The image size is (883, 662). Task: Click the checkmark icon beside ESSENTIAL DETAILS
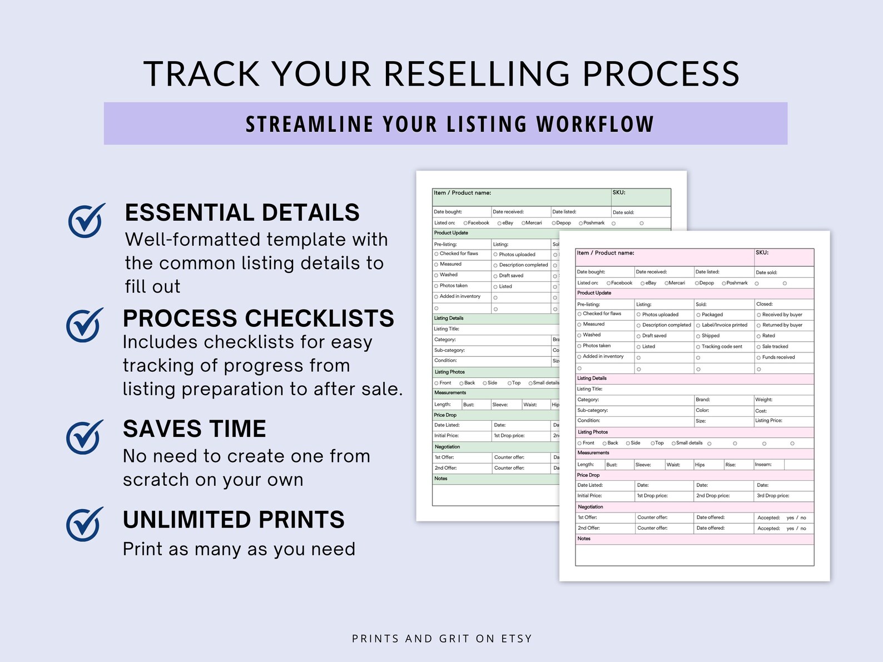point(86,221)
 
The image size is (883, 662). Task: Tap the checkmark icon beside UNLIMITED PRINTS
point(85,524)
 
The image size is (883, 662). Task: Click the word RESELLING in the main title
point(477,74)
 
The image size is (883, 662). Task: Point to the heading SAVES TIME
point(195,429)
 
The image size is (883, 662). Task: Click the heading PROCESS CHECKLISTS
point(258,318)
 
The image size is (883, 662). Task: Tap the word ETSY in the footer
point(517,639)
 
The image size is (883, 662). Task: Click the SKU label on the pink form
point(762,253)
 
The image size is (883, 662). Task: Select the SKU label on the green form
point(619,193)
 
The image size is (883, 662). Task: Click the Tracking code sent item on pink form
point(721,347)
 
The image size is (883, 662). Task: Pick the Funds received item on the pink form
point(778,357)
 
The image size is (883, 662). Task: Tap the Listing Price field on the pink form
point(768,421)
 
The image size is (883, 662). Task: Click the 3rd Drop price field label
point(772,496)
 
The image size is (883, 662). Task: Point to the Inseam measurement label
point(763,465)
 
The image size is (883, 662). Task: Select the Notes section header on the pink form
point(584,539)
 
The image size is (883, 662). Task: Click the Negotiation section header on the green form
point(447,447)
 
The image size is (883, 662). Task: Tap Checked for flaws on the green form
point(458,253)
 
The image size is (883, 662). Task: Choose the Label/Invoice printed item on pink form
point(724,325)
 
